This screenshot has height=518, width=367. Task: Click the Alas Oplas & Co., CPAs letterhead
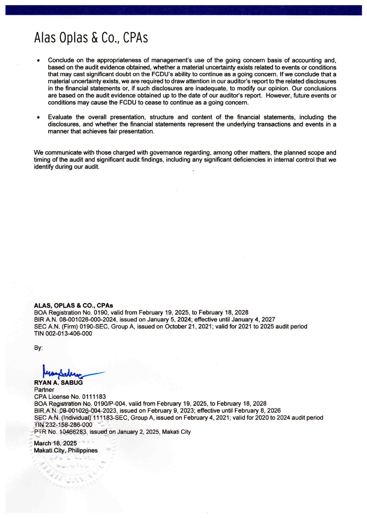click(91, 38)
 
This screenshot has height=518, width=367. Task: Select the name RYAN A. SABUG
click(58, 382)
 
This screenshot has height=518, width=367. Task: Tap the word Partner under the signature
click(44, 389)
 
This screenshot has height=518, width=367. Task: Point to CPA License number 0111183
click(94, 397)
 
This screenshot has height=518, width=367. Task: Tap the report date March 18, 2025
click(55, 443)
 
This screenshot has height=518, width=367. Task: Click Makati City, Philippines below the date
click(66, 450)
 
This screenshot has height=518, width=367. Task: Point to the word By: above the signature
click(38, 348)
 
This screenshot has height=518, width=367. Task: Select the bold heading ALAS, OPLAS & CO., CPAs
click(73, 305)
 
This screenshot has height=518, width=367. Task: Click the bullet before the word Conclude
click(38, 61)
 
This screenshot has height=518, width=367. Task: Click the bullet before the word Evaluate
click(38, 117)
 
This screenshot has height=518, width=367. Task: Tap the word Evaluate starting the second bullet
click(60, 117)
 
